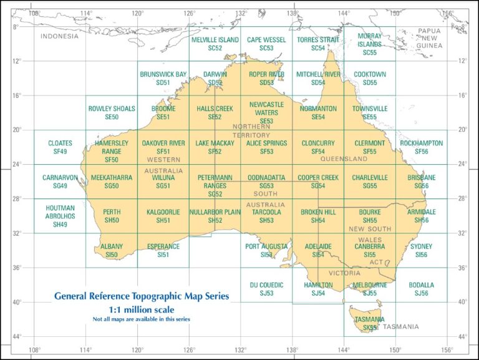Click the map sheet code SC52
click(215, 48)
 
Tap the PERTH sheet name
click(112, 212)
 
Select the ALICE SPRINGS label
click(266, 144)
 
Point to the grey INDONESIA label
click(60, 36)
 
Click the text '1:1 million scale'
click(141, 309)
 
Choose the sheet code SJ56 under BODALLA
click(422, 293)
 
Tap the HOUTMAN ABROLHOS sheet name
click(60, 212)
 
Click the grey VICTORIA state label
click(344, 273)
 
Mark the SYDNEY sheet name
click(422, 246)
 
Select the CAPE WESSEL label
click(266, 40)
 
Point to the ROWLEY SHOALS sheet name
click(112, 109)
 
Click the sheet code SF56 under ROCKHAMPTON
click(422, 152)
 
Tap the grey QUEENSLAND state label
click(344, 159)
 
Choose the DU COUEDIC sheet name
click(266, 285)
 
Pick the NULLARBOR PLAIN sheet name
click(215, 212)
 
